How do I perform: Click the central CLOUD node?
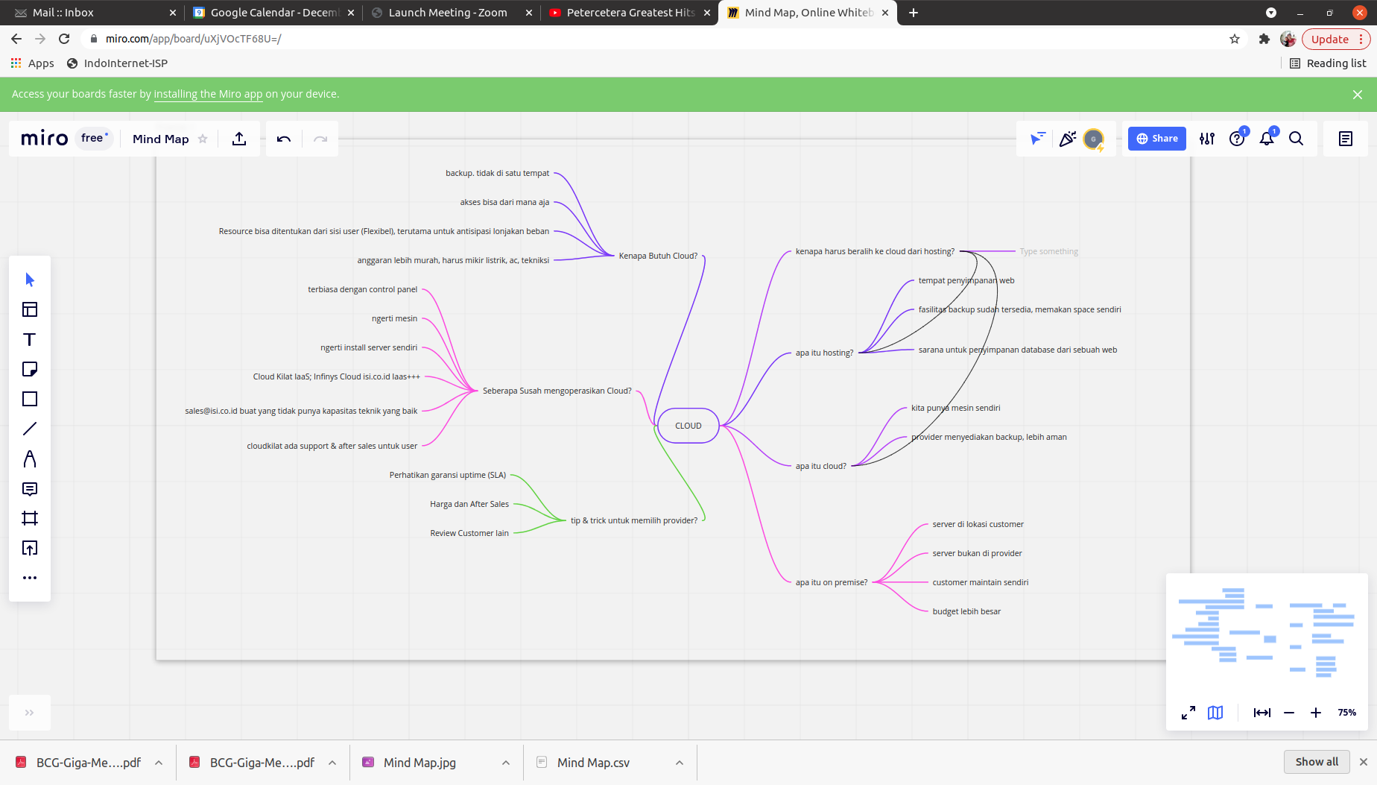point(688,426)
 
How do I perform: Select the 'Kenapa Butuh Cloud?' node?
point(658,256)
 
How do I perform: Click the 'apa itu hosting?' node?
point(824,353)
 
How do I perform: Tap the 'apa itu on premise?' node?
point(831,582)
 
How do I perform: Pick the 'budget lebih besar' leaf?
point(966,611)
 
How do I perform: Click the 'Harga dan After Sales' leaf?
point(469,504)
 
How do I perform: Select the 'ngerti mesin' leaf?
point(394,318)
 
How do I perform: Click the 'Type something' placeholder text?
point(1048,251)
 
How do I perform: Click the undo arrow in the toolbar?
point(284,139)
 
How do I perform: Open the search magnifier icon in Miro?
point(1296,139)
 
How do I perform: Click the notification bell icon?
point(1266,139)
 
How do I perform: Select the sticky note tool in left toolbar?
point(30,369)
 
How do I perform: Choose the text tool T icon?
point(30,339)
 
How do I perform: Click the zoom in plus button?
point(1316,713)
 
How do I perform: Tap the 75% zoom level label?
point(1346,713)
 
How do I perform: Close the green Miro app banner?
point(1357,95)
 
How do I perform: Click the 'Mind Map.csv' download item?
point(593,763)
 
